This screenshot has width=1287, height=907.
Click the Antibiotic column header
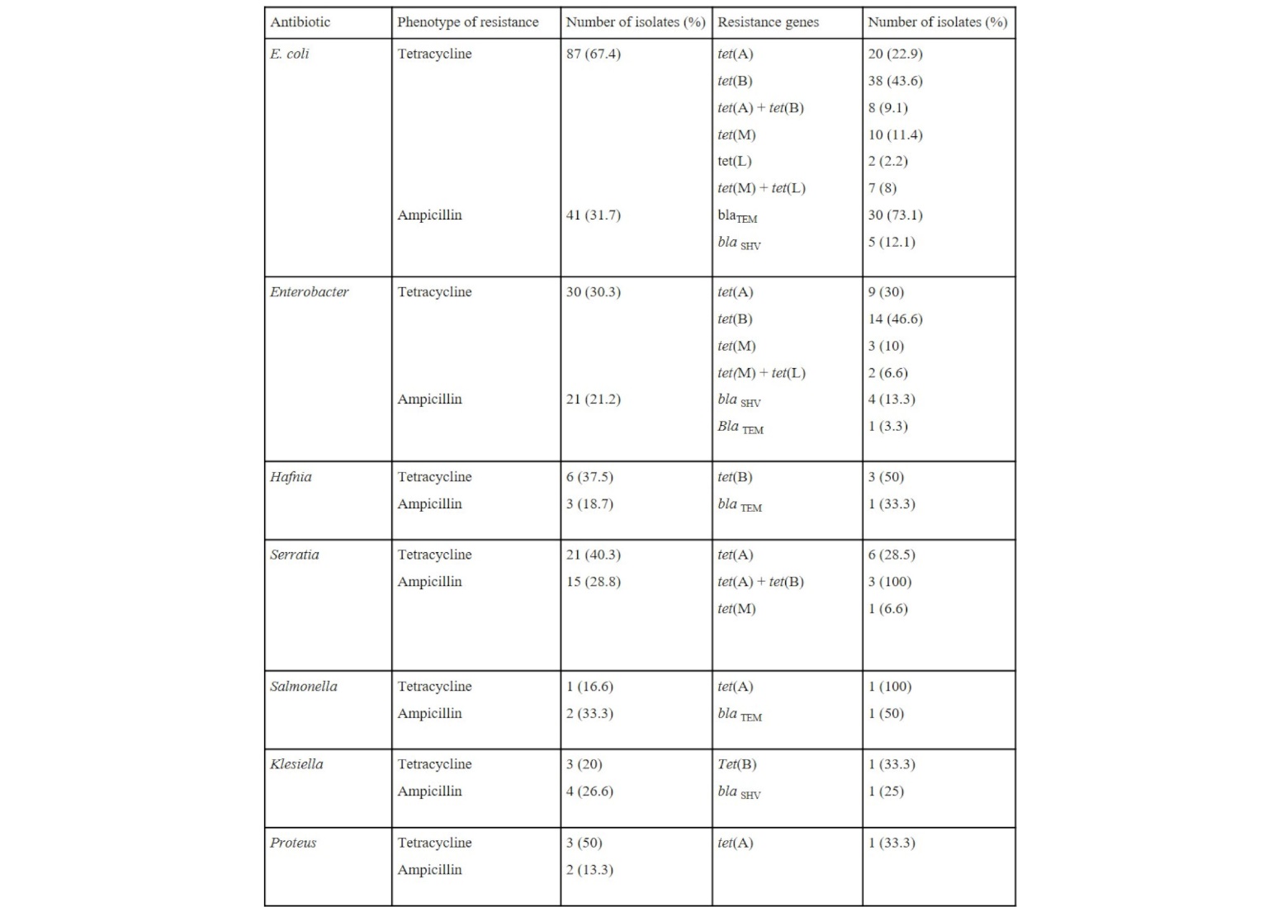(x=300, y=22)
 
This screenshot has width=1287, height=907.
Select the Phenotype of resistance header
(x=467, y=22)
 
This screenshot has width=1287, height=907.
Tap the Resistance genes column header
(x=768, y=22)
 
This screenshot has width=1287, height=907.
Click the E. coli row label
(x=289, y=54)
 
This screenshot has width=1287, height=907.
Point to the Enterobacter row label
(x=309, y=292)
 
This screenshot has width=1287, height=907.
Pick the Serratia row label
(x=294, y=555)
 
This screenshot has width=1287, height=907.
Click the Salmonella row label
(x=303, y=687)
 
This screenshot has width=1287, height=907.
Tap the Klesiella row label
(x=296, y=764)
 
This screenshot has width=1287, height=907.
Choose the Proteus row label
(x=293, y=843)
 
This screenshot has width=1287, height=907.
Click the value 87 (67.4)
(x=593, y=54)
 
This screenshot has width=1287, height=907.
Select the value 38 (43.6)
(x=895, y=81)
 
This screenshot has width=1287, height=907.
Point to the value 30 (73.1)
(x=895, y=215)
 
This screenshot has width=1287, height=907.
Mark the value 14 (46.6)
(x=895, y=319)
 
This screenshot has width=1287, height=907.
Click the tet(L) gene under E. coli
(x=734, y=162)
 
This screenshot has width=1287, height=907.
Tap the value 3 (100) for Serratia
(x=889, y=582)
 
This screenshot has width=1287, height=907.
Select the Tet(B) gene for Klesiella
(x=736, y=764)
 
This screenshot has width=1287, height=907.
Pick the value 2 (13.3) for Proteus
(x=589, y=870)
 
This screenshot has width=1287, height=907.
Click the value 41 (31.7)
(x=593, y=215)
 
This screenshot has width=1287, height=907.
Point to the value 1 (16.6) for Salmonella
(x=589, y=687)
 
